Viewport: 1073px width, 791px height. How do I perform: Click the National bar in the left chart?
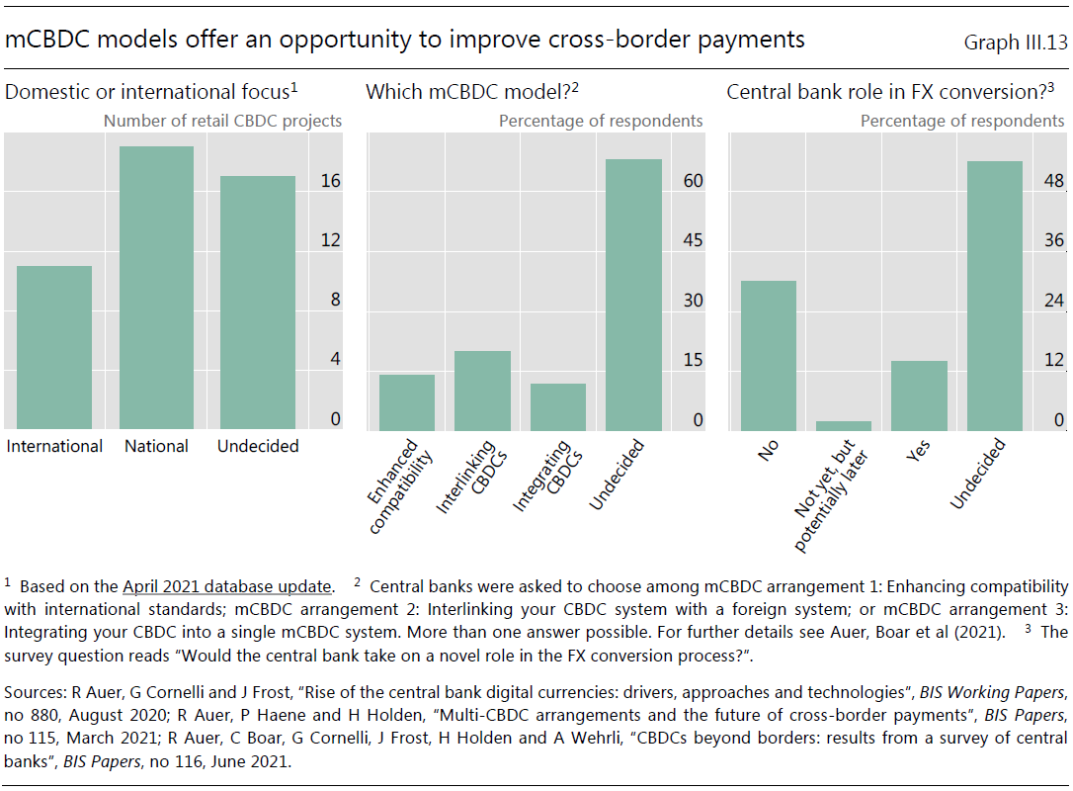coord(157,288)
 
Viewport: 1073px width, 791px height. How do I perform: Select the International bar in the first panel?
coord(54,347)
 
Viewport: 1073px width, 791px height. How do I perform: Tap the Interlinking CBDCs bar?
coord(482,391)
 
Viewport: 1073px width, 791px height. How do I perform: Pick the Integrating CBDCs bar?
coord(557,406)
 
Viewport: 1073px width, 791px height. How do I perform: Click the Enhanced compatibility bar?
coord(407,402)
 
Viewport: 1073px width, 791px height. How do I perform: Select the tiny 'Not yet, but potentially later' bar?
coord(844,426)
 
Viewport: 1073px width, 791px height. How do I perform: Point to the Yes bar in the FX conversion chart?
coord(919,395)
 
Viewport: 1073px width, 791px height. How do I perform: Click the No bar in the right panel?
coord(769,355)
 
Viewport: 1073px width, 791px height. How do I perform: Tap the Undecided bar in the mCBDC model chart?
coord(633,296)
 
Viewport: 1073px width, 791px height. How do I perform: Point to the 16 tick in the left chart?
coord(331,181)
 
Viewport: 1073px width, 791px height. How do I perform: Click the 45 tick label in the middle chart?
coord(693,240)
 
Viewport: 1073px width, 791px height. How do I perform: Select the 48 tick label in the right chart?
coord(1054,181)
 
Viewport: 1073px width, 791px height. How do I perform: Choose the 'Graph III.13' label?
coord(1016,43)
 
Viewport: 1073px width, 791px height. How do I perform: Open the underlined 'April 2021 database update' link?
coord(226,587)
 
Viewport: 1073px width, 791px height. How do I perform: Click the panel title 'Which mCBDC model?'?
coord(472,92)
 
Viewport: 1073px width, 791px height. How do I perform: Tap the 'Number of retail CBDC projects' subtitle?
coord(222,122)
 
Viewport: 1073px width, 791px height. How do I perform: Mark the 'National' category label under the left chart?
coord(156,447)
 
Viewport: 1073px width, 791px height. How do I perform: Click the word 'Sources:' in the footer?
coord(35,692)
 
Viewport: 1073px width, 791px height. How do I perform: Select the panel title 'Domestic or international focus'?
coord(151,92)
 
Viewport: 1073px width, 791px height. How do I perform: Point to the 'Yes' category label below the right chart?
coord(918,451)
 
